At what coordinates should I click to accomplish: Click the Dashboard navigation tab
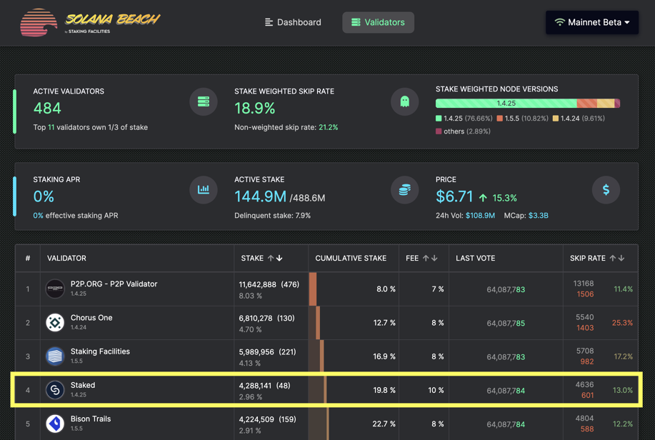coord(293,22)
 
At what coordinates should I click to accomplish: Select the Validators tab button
coord(378,22)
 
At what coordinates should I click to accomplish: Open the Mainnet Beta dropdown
coord(592,22)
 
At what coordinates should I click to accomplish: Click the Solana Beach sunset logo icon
coord(39,23)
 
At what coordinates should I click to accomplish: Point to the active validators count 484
coord(47,108)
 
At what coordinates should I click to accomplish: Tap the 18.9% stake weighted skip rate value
coord(255,108)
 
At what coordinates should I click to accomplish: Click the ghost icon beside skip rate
coord(404,101)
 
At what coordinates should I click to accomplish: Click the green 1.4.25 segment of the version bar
coord(506,104)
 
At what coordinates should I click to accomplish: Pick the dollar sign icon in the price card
coord(606,190)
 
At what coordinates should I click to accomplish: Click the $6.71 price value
coord(454,196)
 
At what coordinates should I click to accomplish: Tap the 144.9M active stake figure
coord(260,196)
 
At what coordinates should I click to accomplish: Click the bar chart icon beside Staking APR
coord(204,190)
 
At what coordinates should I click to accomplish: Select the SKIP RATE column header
coord(588,258)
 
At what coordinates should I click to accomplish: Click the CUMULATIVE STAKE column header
coord(351,258)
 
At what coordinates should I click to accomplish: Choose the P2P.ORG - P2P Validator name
coord(114,284)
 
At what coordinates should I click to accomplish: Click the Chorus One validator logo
coord(55,323)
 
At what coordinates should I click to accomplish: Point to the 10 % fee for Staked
coord(436,390)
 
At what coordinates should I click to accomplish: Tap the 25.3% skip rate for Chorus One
coord(622,323)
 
